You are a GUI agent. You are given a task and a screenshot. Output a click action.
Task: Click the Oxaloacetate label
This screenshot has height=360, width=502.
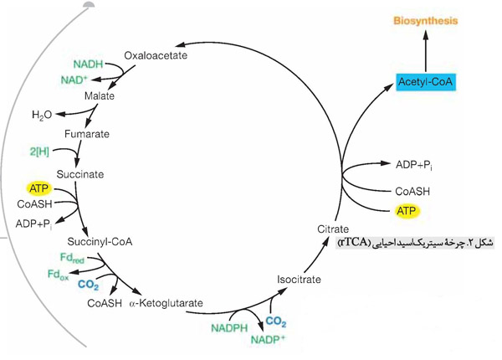[155, 56]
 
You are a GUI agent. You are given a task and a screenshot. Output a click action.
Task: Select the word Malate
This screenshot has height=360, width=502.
[100, 95]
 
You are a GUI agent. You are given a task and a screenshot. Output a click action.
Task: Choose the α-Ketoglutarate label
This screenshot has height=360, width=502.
[166, 303]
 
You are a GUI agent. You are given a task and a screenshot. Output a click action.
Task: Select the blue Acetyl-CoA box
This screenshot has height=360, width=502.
[427, 81]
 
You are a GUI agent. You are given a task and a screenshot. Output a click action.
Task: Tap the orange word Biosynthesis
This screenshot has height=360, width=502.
[426, 13]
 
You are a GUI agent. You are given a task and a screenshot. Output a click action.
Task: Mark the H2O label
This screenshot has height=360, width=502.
[43, 114]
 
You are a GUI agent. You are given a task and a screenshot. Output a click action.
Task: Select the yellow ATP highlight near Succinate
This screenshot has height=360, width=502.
[40, 188]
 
